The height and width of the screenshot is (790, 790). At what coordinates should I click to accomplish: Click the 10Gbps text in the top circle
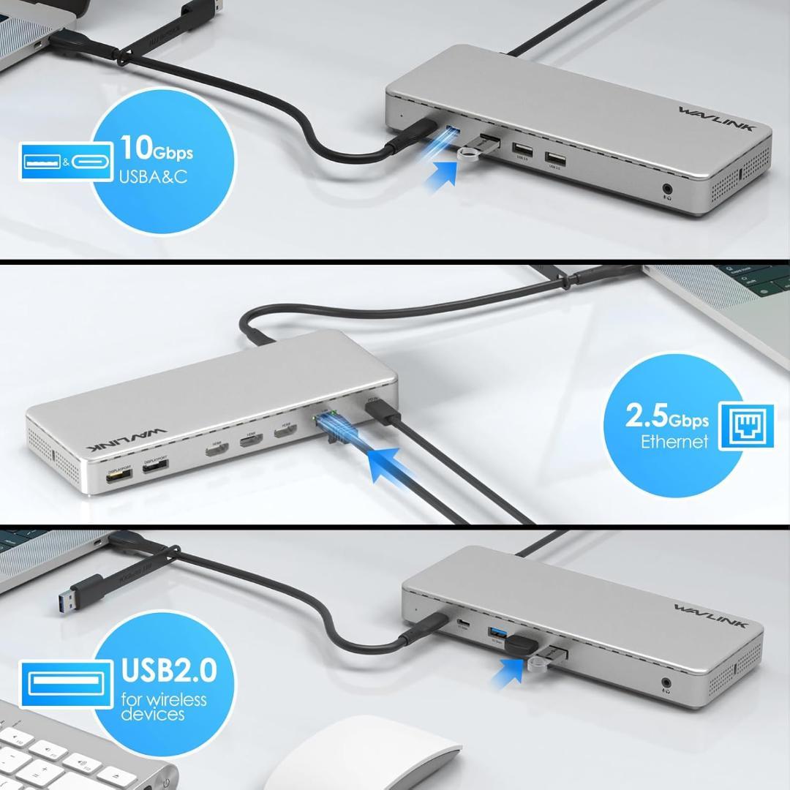click(157, 148)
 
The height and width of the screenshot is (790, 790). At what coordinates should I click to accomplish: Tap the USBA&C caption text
click(154, 177)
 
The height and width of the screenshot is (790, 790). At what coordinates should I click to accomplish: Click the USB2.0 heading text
click(169, 669)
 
